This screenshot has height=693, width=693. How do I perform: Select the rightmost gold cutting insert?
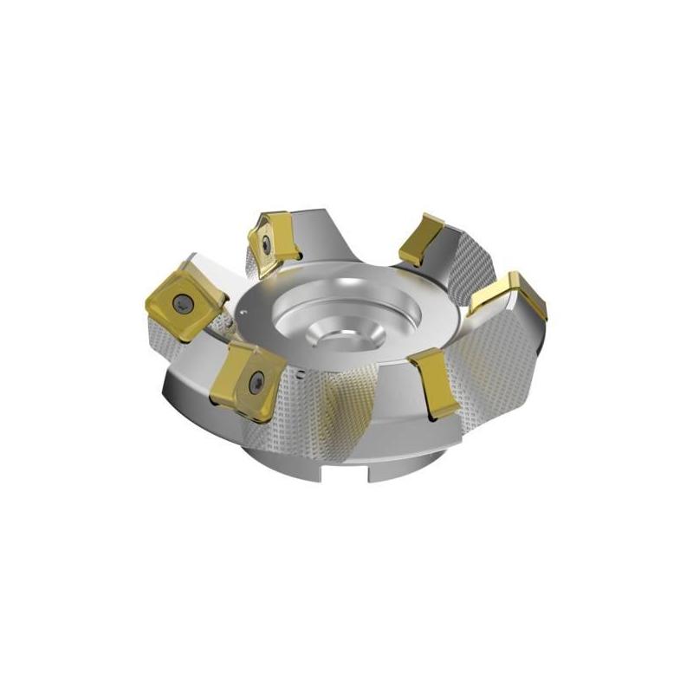click(x=513, y=299)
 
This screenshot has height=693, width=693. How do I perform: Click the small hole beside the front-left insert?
click(x=297, y=376)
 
